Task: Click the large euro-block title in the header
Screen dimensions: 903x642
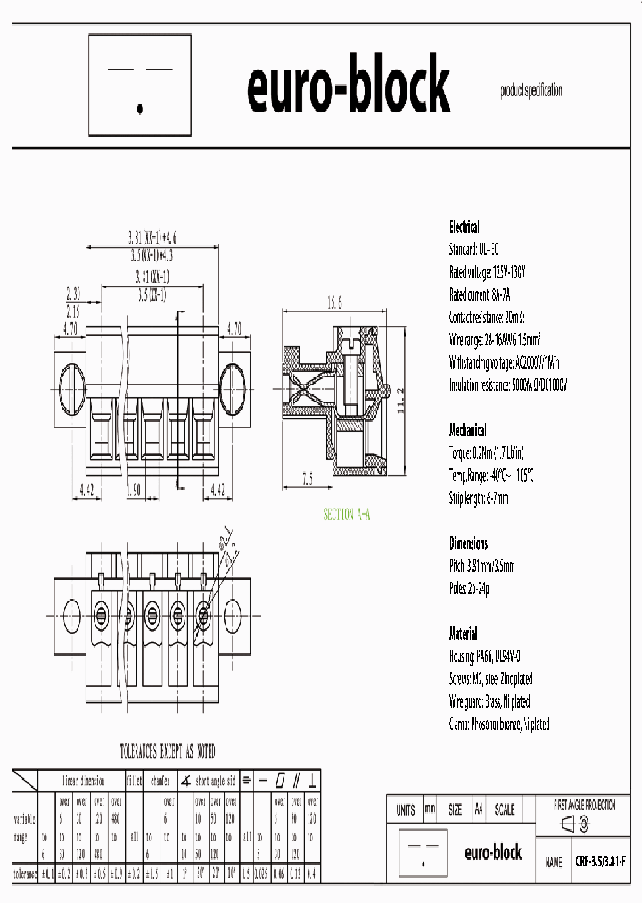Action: [348, 87]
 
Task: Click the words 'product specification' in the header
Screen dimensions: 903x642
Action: [531, 90]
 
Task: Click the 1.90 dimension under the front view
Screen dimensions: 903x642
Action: [134, 489]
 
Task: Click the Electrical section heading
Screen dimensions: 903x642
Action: [464, 227]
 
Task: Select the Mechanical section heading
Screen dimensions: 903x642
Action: [468, 429]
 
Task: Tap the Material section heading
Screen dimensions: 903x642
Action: [464, 634]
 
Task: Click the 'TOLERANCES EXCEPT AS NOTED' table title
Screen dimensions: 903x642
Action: [168, 751]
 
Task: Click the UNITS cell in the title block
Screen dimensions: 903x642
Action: [405, 810]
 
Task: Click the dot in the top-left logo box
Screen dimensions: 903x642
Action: [140, 109]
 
